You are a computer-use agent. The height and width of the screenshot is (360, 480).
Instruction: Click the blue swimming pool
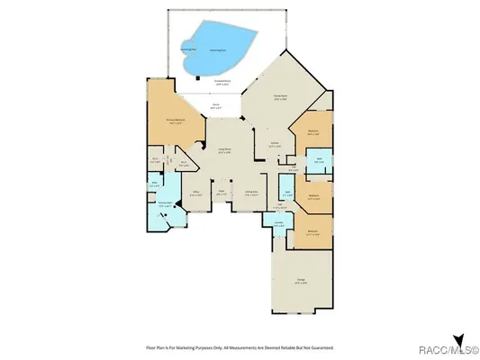(x=221, y=50)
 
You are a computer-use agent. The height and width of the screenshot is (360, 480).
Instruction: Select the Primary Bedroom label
(x=175, y=121)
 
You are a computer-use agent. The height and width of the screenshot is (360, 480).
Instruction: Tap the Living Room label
(x=225, y=151)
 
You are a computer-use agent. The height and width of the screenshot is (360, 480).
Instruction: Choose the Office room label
(x=195, y=193)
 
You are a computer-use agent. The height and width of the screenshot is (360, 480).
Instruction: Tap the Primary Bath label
(x=166, y=204)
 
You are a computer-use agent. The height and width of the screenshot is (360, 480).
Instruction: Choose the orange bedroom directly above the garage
(x=312, y=233)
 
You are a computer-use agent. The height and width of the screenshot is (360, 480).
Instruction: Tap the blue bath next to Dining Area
(x=287, y=193)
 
